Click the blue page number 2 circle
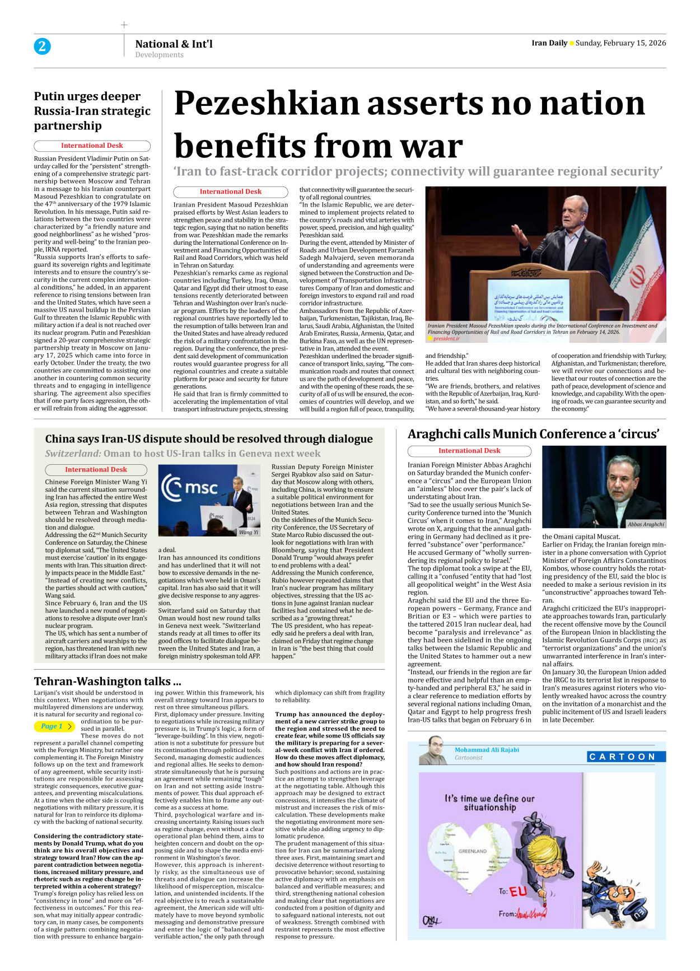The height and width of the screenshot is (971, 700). point(42,46)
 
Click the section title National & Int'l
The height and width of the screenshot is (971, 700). point(174,44)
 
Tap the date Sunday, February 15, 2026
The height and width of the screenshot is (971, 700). point(620,43)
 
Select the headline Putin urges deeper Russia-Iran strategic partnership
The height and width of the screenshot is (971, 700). point(92,111)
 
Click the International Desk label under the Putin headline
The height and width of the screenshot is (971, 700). point(92,146)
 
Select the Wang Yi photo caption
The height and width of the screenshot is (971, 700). point(249,533)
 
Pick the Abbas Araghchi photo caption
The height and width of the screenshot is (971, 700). point(645,525)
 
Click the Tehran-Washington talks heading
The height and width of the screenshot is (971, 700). point(108,681)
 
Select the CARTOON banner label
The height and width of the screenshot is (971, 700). point(622,757)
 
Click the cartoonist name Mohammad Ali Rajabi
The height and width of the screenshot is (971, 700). point(486,750)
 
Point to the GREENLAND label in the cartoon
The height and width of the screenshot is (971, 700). point(472,851)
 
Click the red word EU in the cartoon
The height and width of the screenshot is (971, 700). point(518,891)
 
